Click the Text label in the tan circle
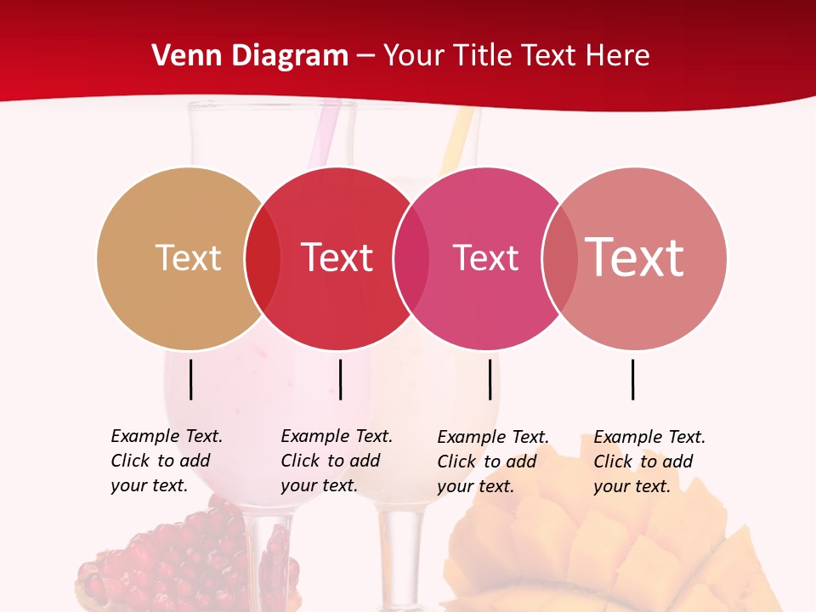click(x=188, y=258)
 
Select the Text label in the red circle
click(x=337, y=258)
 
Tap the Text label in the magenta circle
click(x=485, y=258)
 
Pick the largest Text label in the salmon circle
click(x=634, y=258)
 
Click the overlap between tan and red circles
click(x=262, y=258)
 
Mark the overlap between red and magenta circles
click(x=411, y=258)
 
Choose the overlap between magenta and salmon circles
click(x=559, y=258)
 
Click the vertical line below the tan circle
click(x=191, y=379)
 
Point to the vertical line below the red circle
click(x=340, y=379)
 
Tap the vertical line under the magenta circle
click(x=490, y=379)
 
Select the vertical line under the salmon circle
click(x=633, y=379)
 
